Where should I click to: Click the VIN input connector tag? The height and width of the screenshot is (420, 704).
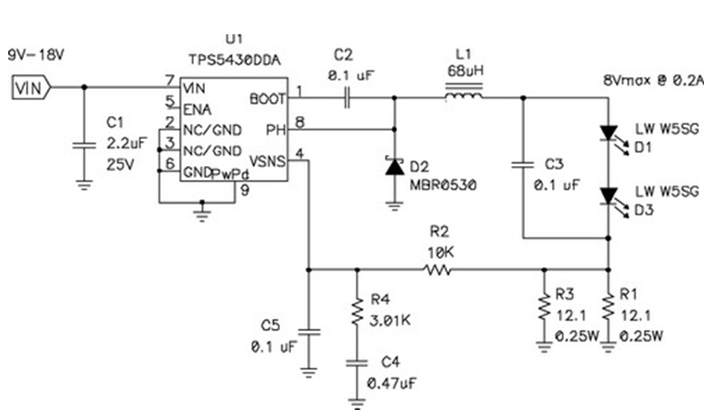pos(28,88)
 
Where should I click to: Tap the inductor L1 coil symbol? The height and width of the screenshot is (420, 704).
pos(464,95)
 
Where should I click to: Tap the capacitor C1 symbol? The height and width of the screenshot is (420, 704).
pos(84,145)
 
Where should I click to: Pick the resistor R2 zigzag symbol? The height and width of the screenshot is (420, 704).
pos(437,271)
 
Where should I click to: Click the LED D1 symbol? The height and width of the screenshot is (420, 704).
pos(608,134)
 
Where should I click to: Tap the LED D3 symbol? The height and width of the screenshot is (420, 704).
pos(608,196)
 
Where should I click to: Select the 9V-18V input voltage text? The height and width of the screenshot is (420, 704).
pos(38,55)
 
